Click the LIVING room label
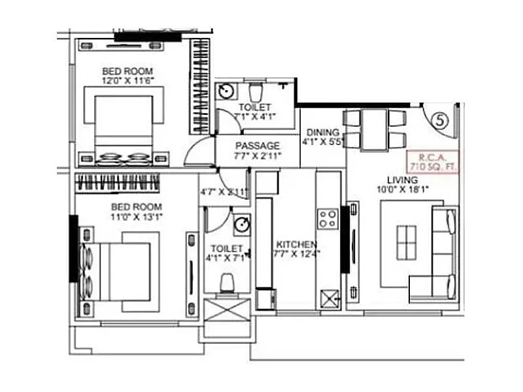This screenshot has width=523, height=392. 402,180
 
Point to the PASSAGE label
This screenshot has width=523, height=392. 258,145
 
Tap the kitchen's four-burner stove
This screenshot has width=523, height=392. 328,218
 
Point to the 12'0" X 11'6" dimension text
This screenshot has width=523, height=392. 127,81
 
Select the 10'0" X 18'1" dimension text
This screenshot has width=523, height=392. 402,190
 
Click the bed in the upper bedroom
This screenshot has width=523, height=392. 124,127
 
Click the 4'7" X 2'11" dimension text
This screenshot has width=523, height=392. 224,192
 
